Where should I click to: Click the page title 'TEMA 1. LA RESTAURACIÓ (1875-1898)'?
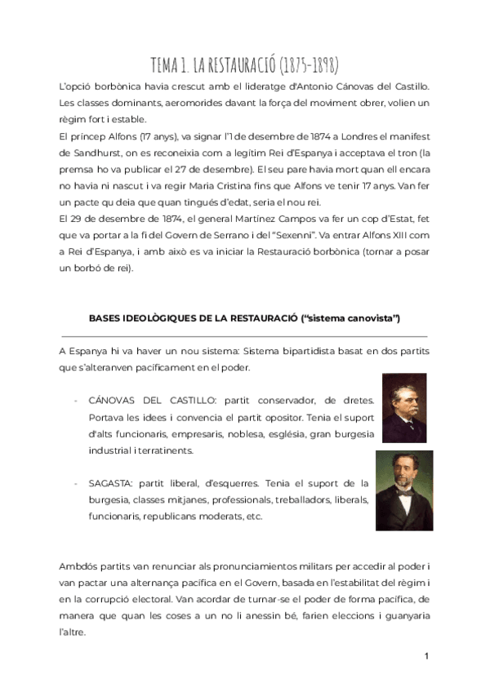245,65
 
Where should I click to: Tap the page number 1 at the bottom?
426,656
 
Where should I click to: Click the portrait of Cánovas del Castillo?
403,408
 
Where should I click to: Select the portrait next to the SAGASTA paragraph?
403,490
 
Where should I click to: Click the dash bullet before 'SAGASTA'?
76,483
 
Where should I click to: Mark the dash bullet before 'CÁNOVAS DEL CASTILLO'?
76,400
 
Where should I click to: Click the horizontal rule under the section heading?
244,335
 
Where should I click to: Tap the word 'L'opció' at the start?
78,86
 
